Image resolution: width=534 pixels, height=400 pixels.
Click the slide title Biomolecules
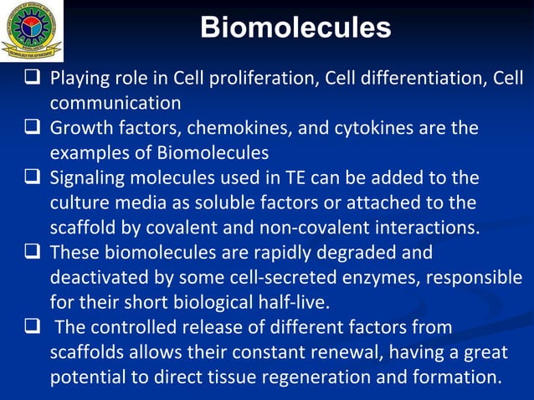[295, 28]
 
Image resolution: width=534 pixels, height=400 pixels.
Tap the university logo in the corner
[31, 30]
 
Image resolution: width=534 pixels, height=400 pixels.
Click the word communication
[116, 103]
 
